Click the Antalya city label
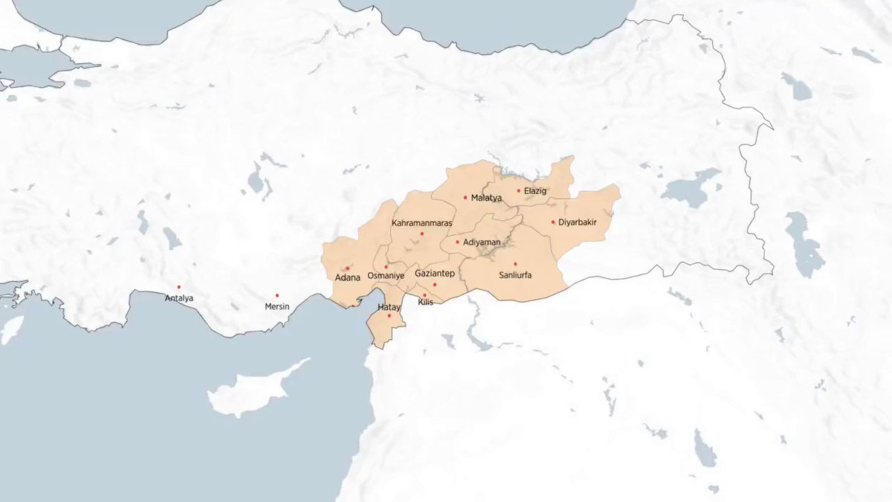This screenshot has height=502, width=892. coord(179,298)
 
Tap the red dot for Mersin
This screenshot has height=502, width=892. coord(277,295)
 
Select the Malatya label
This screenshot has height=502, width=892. coord(487,198)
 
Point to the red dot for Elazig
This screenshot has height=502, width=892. coord(519,190)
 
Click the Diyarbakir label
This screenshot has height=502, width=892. coord(578,222)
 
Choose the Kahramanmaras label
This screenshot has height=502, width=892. coord(421,223)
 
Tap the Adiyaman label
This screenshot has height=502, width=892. coord(481,242)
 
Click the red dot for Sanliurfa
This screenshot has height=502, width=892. coord(515,263)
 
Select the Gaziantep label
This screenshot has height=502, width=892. coord(434,274)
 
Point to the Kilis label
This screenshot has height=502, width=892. coord(425,302)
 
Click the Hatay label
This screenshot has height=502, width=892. coord(389,307)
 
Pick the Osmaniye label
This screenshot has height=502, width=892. coord(386,276)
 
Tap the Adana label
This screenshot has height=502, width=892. coord(347,277)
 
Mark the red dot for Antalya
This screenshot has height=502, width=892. coord(179,287)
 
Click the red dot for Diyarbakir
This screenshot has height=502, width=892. coord(553,222)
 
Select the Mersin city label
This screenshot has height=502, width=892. coord(277,306)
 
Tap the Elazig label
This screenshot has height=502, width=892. coord(535,191)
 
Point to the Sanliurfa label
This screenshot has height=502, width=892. coord(514,274)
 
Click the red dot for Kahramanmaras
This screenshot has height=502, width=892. coord(421,234)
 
